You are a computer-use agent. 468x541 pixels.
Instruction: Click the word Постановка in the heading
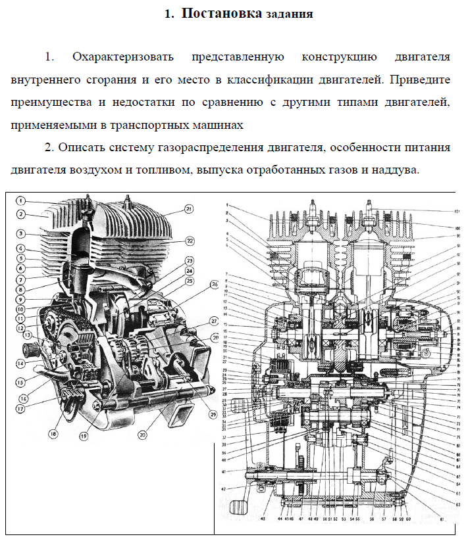[x=221, y=13]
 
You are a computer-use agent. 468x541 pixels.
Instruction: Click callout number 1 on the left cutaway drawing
[x=21, y=200]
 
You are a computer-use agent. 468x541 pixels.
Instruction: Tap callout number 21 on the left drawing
[x=189, y=209]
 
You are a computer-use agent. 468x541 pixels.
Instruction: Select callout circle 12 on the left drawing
[x=21, y=327]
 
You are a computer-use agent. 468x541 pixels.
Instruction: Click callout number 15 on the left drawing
[x=21, y=381]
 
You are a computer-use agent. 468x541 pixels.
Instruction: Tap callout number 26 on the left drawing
[x=215, y=285]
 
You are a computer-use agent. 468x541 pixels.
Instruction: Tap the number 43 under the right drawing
[x=263, y=519]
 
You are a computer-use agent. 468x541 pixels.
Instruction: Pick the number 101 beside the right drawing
[x=457, y=212]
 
